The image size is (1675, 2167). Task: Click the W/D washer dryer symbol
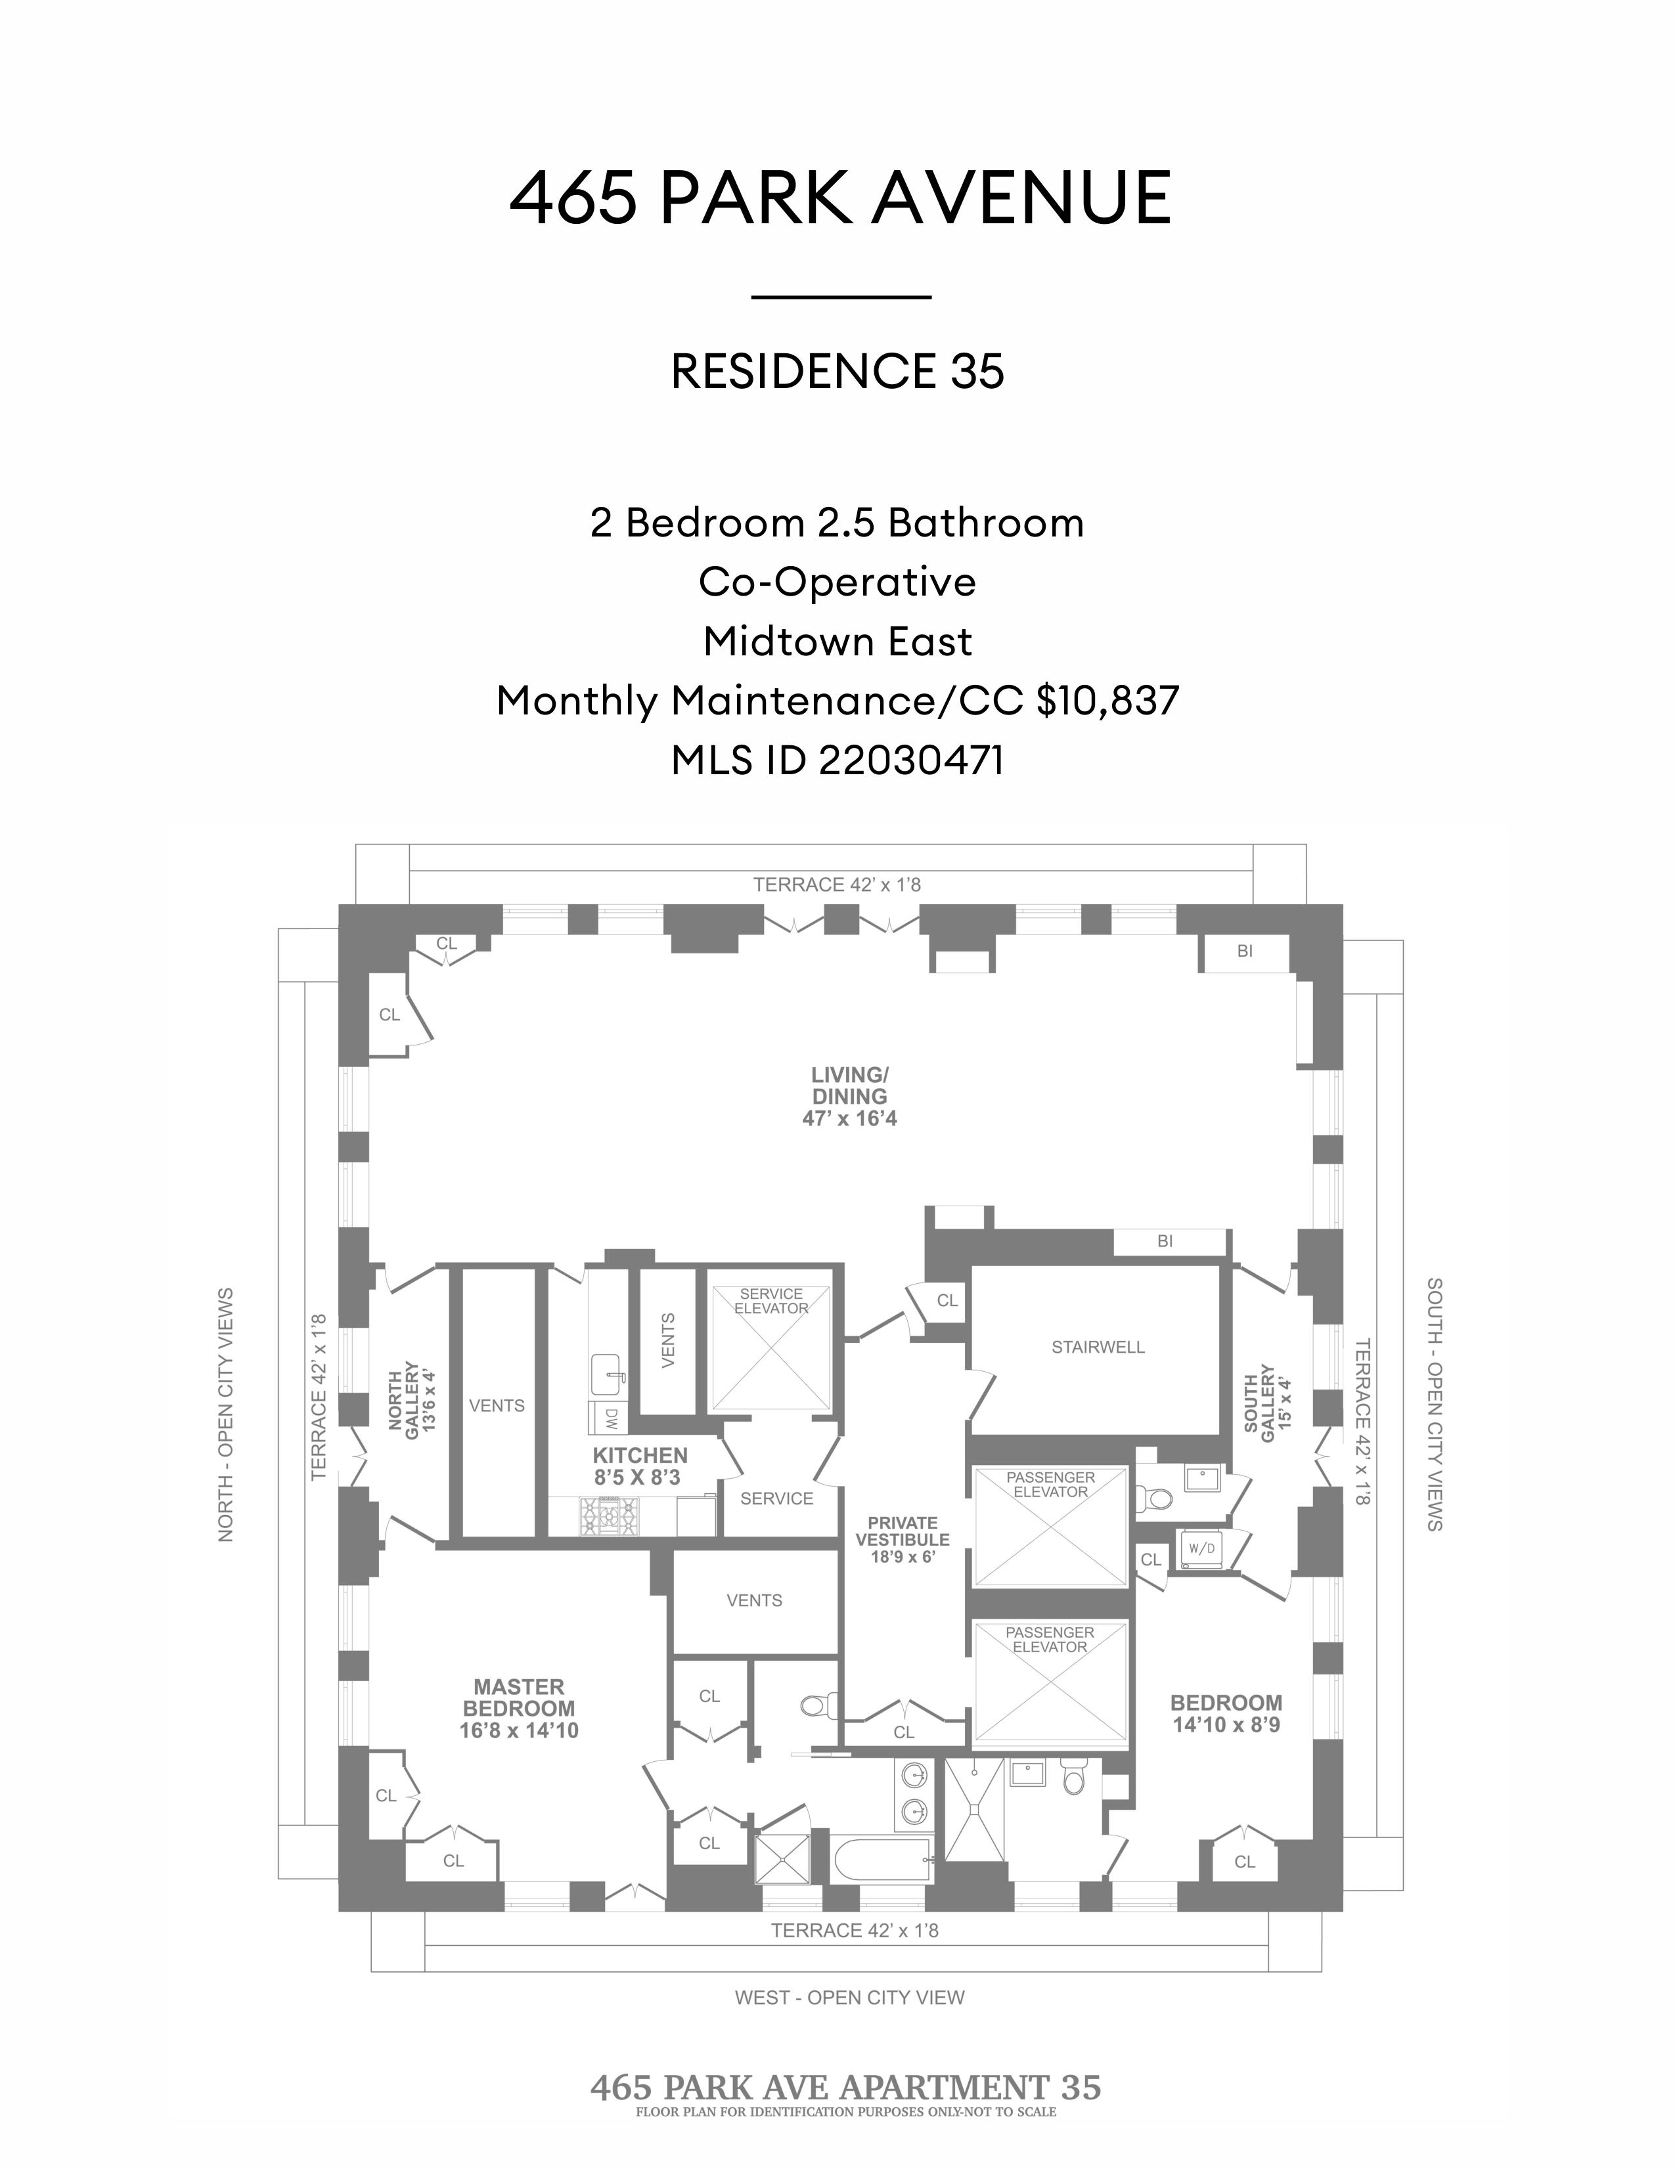1201,1548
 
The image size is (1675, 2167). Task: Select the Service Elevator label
771,1301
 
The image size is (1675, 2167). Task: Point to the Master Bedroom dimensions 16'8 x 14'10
518,1730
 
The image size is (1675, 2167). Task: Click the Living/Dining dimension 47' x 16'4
849,1119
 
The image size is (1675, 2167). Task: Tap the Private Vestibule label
902,1539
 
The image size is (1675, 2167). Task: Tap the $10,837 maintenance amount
1107,701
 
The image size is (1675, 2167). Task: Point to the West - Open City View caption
849,1998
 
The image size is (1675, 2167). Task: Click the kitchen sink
608,1373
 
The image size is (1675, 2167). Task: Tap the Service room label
776,1499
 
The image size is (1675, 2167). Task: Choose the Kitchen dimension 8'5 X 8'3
640,1477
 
